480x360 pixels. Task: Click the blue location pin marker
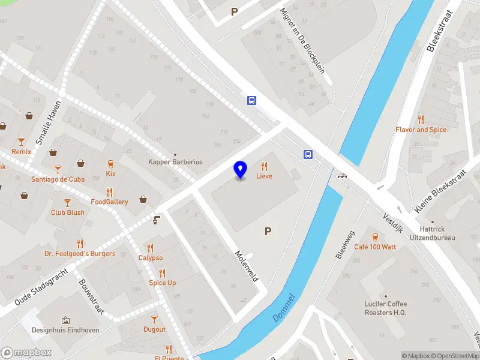(240, 170)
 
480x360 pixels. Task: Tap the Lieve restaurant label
(264, 176)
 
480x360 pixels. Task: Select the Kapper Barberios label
(175, 162)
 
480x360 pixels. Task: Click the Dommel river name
(284, 307)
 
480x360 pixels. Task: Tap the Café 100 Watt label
(375, 247)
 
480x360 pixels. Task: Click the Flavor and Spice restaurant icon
(421, 119)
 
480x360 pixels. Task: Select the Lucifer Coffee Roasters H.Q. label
(386, 308)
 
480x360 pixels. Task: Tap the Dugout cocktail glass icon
(154, 319)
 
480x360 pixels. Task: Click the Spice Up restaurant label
(163, 283)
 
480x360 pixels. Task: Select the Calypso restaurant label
(151, 257)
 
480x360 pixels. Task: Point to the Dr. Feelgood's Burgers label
(80, 253)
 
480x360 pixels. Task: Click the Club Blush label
(67, 212)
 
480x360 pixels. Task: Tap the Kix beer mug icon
(110, 164)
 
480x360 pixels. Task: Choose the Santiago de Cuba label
(58, 179)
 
